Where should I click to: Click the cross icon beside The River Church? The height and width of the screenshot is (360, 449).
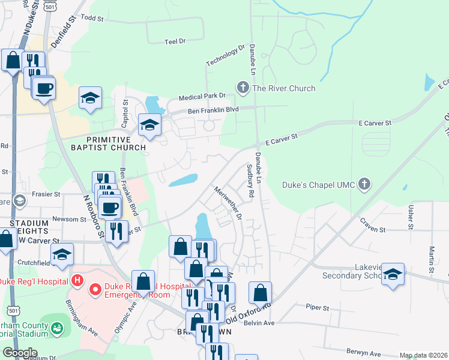[x=243, y=88]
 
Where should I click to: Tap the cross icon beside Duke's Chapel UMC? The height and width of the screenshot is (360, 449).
[x=364, y=184]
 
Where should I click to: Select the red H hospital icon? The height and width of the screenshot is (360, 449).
[x=76, y=280]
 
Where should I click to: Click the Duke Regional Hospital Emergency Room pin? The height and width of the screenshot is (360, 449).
[x=95, y=291]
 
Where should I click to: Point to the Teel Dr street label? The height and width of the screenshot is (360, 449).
[x=175, y=41]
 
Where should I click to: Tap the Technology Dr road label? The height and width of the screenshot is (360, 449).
[x=226, y=55]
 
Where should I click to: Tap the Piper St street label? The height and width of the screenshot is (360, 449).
[x=318, y=308]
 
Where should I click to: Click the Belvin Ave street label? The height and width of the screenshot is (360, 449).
[x=261, y=323]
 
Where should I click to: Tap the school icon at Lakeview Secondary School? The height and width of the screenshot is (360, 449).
[x=393, y=275]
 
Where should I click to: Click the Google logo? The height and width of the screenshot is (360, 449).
[x=19, y=353]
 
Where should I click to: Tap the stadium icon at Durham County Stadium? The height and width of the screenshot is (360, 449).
[x=56, y=329]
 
